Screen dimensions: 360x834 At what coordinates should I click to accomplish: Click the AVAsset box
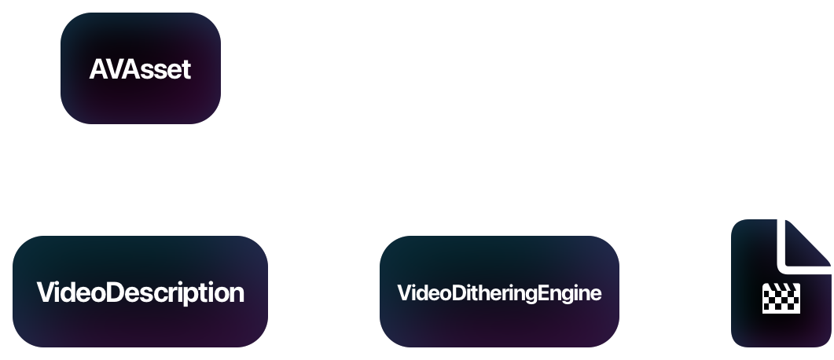[x=140, y=68]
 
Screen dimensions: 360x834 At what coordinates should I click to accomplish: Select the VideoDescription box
[x=140, y=292]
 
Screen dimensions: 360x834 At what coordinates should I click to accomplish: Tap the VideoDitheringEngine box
[x=499, y=292]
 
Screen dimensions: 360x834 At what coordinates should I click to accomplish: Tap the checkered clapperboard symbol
[x=781, y=299]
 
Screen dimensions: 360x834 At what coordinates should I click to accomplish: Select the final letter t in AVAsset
[x=186, y=69]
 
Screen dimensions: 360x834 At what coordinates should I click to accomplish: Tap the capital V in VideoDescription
[x=46, y=293]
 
